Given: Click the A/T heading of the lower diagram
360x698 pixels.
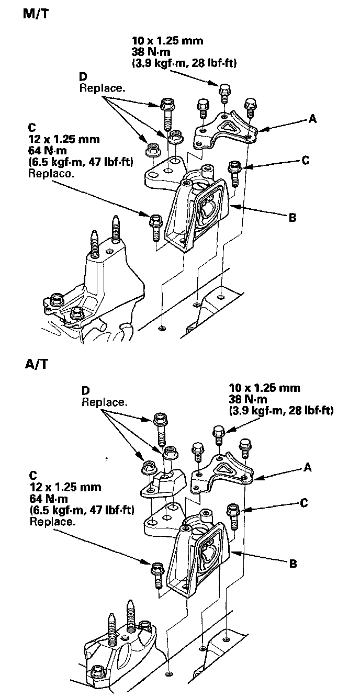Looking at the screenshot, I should pos(36,364).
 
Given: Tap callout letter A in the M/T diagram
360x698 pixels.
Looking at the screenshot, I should pos(312,119).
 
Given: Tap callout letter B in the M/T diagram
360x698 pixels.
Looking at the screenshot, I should pos(292,216).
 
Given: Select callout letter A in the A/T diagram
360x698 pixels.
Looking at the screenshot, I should pos(308,467).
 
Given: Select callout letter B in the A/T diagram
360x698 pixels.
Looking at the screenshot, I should pos(293,564).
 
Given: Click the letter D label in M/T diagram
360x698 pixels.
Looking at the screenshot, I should pos(83,77).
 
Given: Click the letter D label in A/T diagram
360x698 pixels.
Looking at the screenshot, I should pos(85,391).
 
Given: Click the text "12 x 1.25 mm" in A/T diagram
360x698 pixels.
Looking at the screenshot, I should pos(65,487).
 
